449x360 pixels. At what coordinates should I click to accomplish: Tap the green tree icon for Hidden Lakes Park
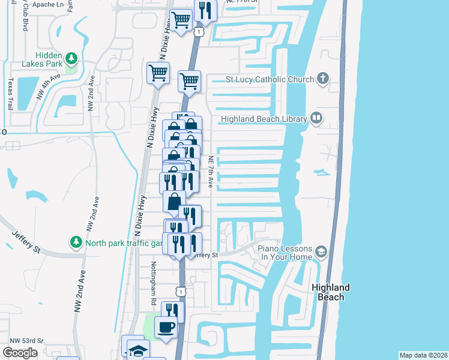pos(72,58)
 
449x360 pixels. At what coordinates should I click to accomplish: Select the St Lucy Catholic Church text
pos(270,79)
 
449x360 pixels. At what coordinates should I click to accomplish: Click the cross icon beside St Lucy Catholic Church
pos(323,79)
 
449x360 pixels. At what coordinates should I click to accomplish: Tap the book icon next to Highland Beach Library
pos(316,119)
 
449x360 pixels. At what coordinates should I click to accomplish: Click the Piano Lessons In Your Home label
pos(286,253)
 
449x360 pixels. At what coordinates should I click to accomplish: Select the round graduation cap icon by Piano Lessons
pos(322,251)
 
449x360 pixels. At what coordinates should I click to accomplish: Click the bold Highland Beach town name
pos(331,292)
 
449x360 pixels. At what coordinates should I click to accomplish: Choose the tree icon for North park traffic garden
pos(76,242)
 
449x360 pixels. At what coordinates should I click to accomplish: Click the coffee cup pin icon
pos(166,328)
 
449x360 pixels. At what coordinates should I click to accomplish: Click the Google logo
pos(20,353)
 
